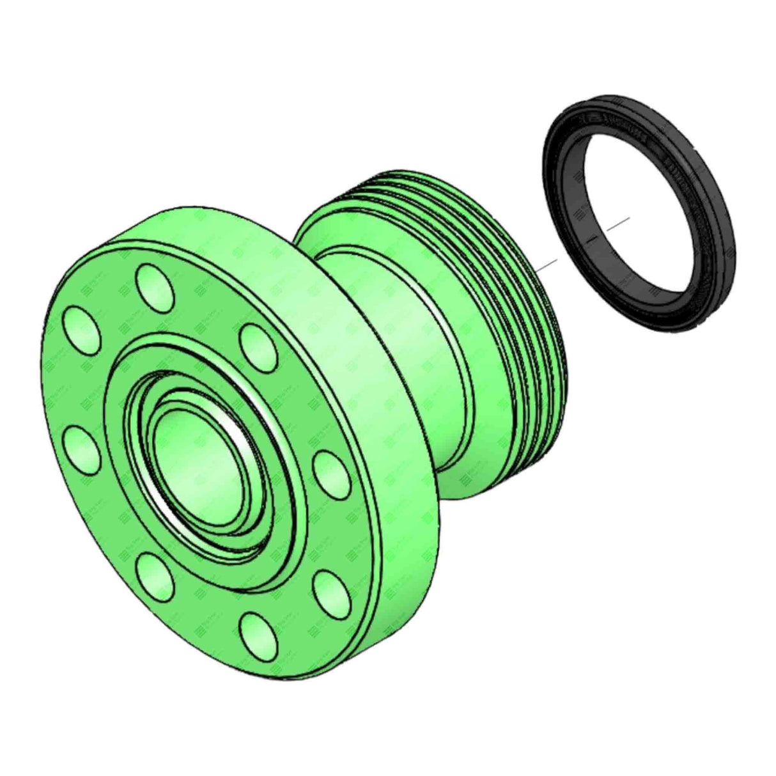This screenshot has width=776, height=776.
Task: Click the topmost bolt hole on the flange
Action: pos(156,286)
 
